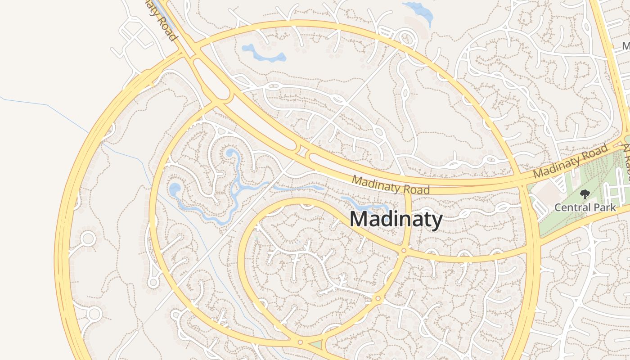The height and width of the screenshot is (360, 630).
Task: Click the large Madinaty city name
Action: coord(396,220)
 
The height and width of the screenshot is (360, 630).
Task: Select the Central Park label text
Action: coord(585,207)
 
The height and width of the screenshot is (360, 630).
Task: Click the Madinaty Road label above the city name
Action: coord(391,184)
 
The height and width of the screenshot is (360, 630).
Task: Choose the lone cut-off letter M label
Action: coord(626,46)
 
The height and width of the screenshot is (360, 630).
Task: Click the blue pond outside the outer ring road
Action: coord(418,11)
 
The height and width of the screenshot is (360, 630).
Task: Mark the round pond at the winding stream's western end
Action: coord(175,189)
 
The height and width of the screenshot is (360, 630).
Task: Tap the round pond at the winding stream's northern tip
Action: coord(230,153)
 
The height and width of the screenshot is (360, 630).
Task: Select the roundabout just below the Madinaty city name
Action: coord(404,250)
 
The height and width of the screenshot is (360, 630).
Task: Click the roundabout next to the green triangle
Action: coord(300,342)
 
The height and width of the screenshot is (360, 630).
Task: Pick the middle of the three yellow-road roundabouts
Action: coord(378,298)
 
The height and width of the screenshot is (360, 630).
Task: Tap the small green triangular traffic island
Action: coord(316,345)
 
